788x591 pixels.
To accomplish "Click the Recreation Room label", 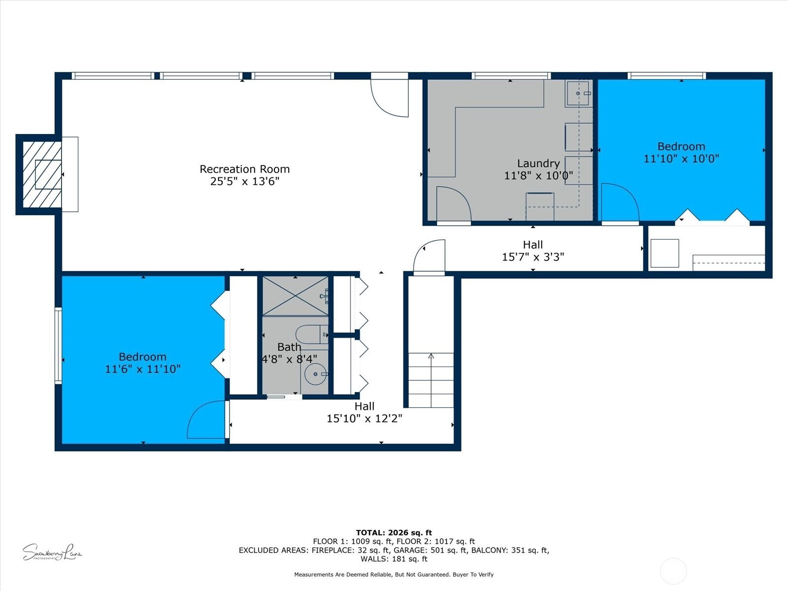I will [x=244, y=169].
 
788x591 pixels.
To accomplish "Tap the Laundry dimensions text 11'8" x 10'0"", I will [x=538, y=175].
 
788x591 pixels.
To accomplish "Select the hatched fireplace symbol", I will [x=42, y=174].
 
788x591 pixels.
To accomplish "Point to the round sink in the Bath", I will [x=315, y=374].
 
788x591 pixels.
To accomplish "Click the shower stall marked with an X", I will [x=295, y=295].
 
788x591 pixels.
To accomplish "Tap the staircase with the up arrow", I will [x=431, y=379].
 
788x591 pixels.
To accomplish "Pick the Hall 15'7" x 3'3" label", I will [x=533, y=251].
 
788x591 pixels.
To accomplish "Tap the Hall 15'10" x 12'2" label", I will [x=364, y=412].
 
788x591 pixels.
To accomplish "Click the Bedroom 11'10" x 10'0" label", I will [x=681, y=152].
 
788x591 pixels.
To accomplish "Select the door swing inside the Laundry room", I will [x=453, y=204].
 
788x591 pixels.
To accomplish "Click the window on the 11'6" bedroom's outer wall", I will [x=58, y=345].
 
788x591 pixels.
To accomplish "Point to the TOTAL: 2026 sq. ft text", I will [x=394, y=532].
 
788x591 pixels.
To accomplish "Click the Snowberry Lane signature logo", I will [x=52, y=552].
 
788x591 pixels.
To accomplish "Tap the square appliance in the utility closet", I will [x=664, y=253].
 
